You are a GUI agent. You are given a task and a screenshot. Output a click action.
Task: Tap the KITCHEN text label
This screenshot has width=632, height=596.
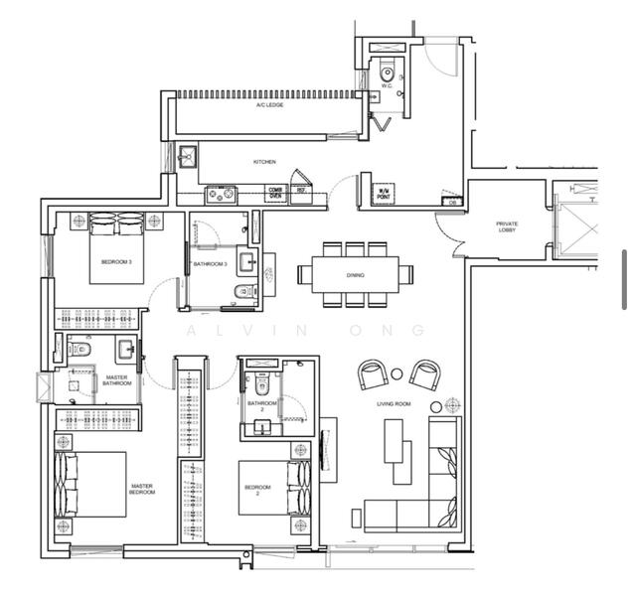(x=264, y=161)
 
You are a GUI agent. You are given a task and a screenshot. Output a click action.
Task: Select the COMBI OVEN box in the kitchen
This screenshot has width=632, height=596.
(x=275, y=193)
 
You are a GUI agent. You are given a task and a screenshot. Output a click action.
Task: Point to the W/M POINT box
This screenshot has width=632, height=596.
(x=383, y=194)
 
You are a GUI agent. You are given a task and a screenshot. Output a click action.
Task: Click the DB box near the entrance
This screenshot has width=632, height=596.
(x=452, y=202)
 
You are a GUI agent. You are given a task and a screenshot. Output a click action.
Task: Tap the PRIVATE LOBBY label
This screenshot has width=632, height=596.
(x=507, y=226)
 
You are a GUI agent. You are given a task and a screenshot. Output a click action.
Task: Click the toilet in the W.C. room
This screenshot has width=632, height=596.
(x=388, y=71)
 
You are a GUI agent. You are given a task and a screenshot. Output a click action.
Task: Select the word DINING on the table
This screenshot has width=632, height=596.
(x=355, y=275)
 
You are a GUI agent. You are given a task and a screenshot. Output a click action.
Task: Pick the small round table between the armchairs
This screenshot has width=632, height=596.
(x=397, y=373)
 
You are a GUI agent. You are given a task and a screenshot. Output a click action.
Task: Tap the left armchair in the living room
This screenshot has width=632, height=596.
(x=374, y=375)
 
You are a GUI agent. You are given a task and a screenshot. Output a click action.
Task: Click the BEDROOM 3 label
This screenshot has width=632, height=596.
(x=116, y=262)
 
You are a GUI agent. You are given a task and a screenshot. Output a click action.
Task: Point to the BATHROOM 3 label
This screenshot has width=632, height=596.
(x=211, y=264)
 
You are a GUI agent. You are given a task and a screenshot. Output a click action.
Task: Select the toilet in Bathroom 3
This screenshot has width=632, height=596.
(x=241, y=291)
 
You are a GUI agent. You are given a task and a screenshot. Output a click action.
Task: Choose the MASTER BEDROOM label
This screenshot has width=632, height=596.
(x=142, y=490)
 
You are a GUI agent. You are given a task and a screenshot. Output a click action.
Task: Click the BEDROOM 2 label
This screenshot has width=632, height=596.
(x=257, y=490)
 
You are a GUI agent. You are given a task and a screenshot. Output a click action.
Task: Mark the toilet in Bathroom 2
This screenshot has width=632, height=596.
(x=261, y=385)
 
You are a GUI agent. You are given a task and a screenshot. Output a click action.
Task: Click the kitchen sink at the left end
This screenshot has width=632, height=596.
(x=186, y=156)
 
